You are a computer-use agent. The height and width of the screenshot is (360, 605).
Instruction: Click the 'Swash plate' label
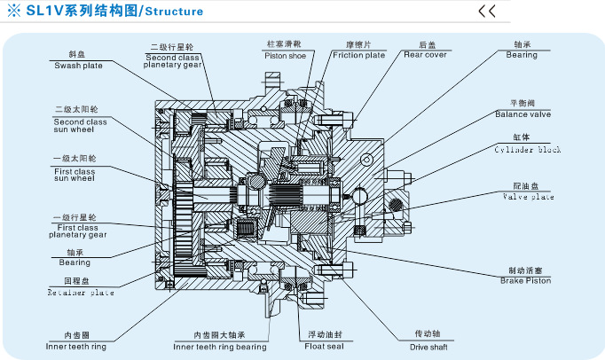[x=77, y=65]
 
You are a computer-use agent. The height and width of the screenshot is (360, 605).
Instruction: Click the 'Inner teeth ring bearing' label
[x=218, y=346]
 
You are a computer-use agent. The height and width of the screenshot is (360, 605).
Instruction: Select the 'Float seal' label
[x=325, y=346]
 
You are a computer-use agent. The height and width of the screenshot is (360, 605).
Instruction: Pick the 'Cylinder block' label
[x=529, y=150]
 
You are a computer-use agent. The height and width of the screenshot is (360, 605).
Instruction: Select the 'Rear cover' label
[x=425, y=54]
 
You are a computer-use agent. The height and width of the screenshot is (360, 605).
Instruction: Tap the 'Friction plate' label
[x=358, y=54]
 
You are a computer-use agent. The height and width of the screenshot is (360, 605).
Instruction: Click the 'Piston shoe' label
[x=286, y=54]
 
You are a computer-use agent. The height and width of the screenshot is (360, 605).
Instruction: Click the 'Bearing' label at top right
[x=522, y=54]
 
